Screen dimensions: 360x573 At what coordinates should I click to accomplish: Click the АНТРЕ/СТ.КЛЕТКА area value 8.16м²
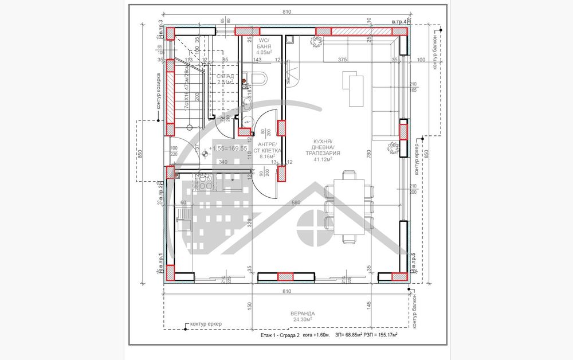(268, 156)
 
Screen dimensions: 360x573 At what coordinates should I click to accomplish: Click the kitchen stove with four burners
(202, 183)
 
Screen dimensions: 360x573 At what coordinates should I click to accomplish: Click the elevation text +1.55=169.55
(227, 148)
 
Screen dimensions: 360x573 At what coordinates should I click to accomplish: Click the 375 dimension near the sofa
(343, 60)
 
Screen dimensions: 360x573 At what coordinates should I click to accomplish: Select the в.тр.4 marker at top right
(399, 22)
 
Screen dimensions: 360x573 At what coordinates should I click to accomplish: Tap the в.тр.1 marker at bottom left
(160, 264)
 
